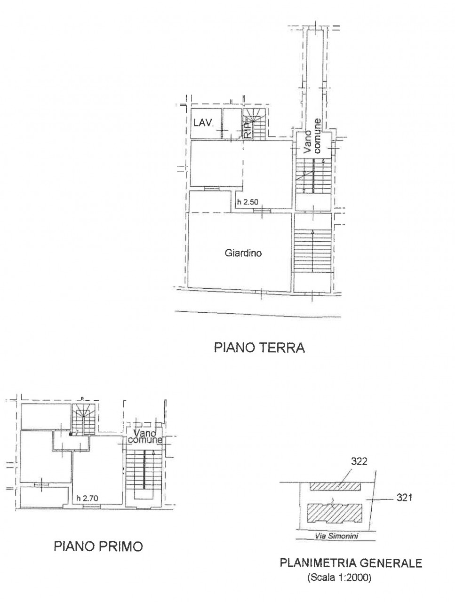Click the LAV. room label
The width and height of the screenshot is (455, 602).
203,123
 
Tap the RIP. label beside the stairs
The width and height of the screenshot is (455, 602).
247,131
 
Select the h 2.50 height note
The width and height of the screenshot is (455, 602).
247,202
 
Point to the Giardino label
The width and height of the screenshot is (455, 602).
243,253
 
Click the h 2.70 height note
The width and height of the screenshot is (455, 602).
87,498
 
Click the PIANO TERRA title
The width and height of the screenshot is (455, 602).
259,348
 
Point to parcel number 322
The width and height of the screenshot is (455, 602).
359,461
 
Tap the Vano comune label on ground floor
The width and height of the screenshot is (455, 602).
312,136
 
